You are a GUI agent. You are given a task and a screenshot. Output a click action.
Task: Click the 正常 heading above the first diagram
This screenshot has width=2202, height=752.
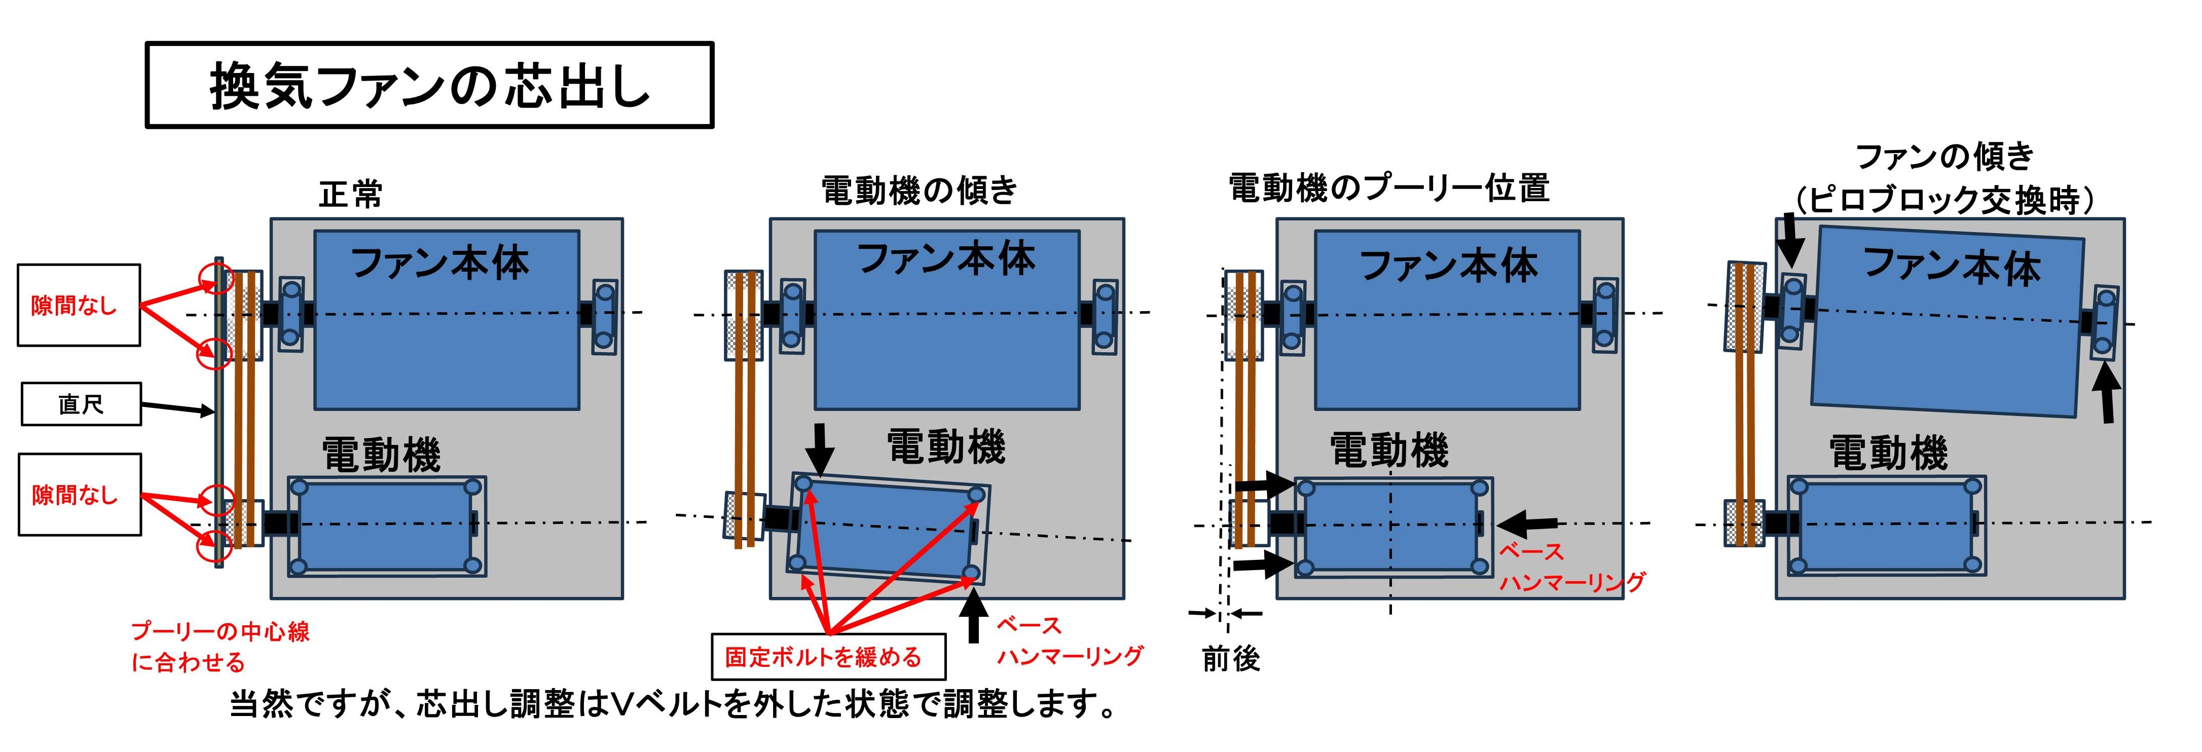(x=350, y=195)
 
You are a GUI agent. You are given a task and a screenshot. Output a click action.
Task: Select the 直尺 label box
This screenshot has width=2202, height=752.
(x=81, y=404)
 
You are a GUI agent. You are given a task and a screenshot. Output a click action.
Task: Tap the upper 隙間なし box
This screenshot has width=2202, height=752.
(x=79, y=305)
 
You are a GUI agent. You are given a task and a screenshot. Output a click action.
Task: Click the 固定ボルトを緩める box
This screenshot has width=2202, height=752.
(x=828, y=656)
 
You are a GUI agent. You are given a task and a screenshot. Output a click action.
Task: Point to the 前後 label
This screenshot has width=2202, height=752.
(x=1230, y=659)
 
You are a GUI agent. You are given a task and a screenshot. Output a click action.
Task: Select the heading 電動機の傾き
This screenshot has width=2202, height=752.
(x=919, y=190)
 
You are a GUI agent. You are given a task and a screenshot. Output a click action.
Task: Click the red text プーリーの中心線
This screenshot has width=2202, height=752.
(x=219, y=631)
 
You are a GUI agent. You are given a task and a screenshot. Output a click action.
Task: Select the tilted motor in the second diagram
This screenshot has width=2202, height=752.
(x=887, y=530)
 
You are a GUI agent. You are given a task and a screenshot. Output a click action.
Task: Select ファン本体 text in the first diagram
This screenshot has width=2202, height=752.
(x=439, y=263)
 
